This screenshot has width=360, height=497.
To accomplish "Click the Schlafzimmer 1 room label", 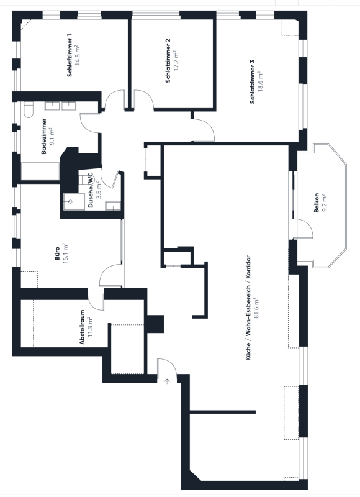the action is click(x=70, y=55).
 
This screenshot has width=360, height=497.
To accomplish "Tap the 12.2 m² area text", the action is click(x=176, y=60).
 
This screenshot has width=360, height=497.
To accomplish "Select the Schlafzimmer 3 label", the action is click(x=253, y=82).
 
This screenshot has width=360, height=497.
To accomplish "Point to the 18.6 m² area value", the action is click(x=260, y=82).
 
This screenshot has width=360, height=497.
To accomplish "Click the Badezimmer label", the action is click(x=44, y=136).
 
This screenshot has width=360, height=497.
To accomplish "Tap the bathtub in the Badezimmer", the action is click(x=40, y=171).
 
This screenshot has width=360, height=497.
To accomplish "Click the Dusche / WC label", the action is click(x=91, y=190).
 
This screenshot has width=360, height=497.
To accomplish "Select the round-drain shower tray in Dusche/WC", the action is click(x=70, y=201).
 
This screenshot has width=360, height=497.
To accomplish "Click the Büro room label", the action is click(x=57, y=253).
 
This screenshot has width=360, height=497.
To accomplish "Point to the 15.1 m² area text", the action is click(x=66, y=253).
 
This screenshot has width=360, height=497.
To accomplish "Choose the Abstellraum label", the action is click(x=82, y=327).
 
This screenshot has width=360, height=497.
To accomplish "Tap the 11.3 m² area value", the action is click(x=90, y=327).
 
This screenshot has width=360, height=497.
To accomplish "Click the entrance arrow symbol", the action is click(x=167, y=381).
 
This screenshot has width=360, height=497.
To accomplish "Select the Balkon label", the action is click(x=317, y=203).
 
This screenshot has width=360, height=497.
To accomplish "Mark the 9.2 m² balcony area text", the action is click(x=324, y=203).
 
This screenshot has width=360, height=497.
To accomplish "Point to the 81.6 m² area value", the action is click(x=256, y=308).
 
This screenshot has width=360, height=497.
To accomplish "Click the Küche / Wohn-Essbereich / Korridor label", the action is click(x=248, y=308).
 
